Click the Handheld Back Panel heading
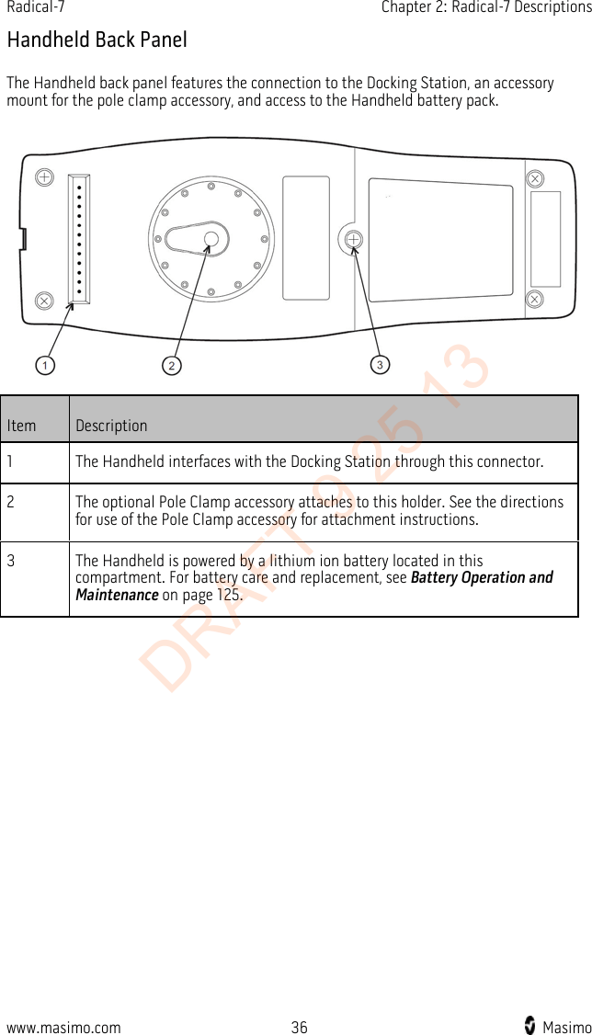click(97, 40)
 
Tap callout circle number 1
click(42, 365)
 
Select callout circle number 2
click(170, 365)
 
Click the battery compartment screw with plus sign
click(353, 240)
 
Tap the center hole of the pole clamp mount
click(211, 240)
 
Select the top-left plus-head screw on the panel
click(43, 176)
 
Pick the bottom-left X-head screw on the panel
click(42, 300)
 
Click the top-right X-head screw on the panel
click(534, 177)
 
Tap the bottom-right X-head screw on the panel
click(534, 299)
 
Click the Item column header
click(21, 426)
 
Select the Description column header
click(111, 426)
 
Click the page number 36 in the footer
click(299, 1028)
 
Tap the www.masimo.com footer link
click(63, 1028)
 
